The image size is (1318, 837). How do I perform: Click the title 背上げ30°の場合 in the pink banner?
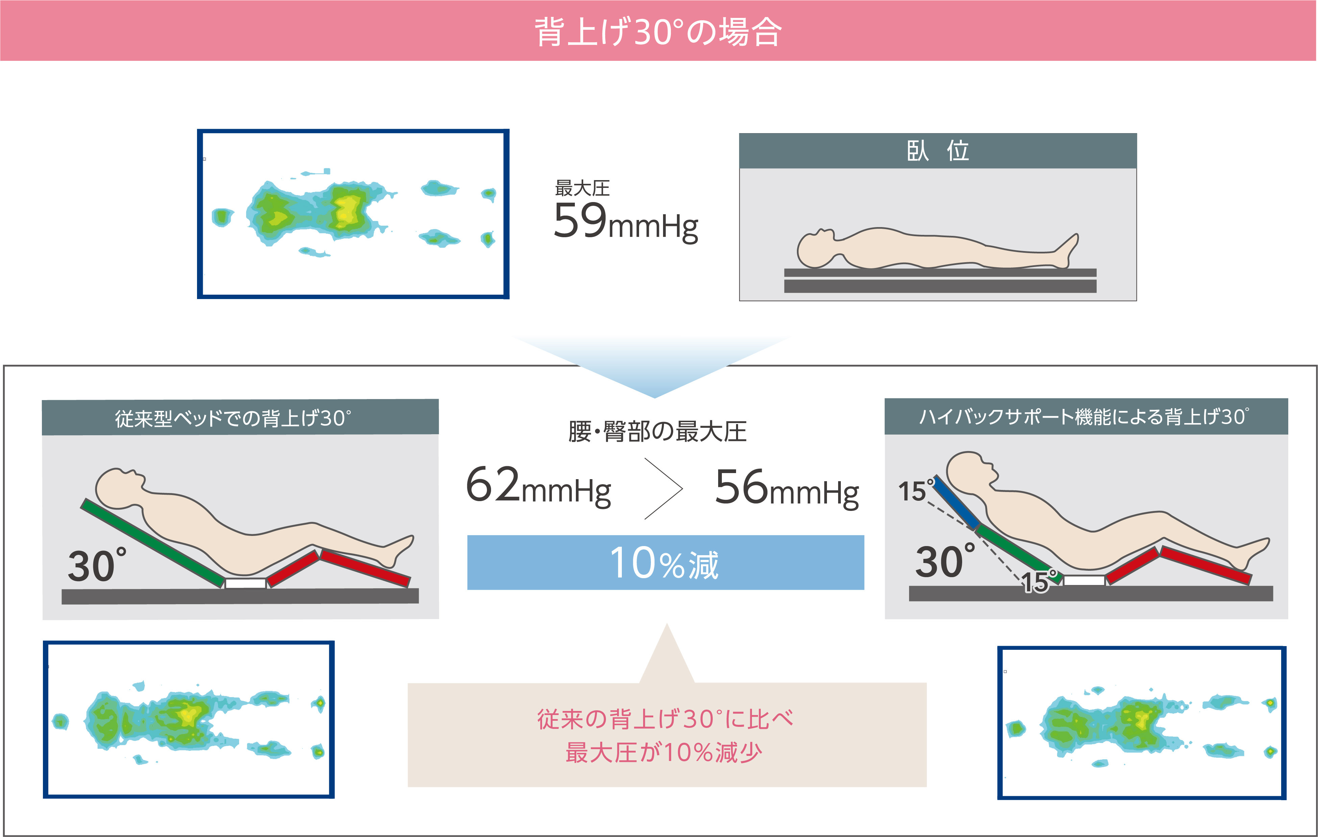[x=658, y=32]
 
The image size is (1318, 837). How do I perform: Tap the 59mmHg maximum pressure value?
[x=626, y=222]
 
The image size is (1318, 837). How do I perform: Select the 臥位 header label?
[x=937, y=151]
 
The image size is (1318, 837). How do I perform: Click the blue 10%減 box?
[x=665, y=562]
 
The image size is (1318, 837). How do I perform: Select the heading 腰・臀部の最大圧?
[x=657, y=432]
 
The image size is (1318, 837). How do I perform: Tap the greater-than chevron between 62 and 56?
[x=663, y=488]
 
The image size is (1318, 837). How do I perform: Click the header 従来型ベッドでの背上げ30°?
[x=233, y=418]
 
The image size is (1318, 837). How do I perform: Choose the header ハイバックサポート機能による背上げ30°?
[x=1084, y=417]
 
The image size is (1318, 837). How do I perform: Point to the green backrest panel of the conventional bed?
[x=153, y=542]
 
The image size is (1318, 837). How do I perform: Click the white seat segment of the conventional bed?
[x=246, y=584]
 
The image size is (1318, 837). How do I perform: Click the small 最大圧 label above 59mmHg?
[x=582, y=188]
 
